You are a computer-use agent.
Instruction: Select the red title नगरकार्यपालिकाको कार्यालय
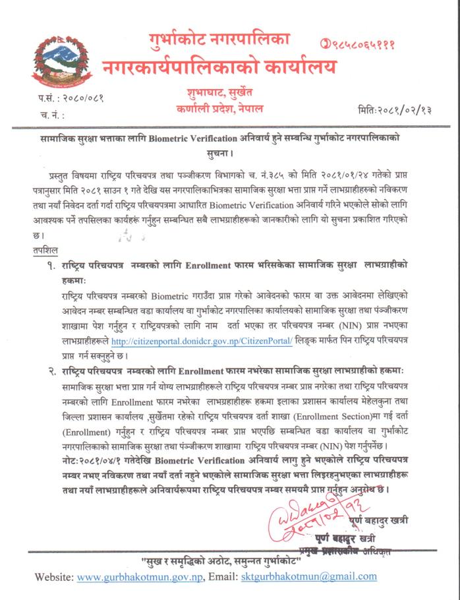(219, 66)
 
